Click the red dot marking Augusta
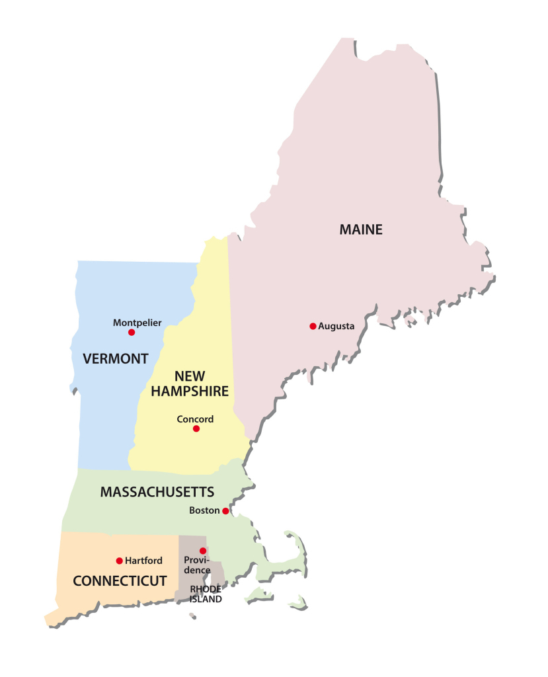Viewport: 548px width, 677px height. coord(313,326)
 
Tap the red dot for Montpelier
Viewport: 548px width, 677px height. coord(132,332)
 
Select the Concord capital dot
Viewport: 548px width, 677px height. coord(196,428)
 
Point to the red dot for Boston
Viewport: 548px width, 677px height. coord(225,511)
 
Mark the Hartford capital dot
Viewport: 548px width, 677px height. coord(119,561)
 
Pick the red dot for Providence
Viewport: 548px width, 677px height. coord(203,551)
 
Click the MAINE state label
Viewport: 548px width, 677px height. coord(361,230)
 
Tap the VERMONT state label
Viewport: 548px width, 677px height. coord(116,359)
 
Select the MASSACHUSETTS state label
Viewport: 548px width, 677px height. coord(157,492)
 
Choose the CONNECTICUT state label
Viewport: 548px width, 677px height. coord(119,581)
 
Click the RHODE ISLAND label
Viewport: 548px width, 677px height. coord(206,594)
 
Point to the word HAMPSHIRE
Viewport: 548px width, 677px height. coord(190,391)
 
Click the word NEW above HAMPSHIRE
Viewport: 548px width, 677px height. coord(190,376)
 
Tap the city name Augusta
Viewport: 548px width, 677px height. coord(336,326)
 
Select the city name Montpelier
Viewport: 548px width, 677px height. coord(137,323)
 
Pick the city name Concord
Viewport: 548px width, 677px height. coord(195,418)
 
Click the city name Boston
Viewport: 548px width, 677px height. coord(204,511)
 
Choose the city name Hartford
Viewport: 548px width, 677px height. coord(143,561)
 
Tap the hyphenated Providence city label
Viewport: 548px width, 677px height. coord(198,565)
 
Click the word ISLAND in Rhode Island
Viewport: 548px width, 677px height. coord(206,599)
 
